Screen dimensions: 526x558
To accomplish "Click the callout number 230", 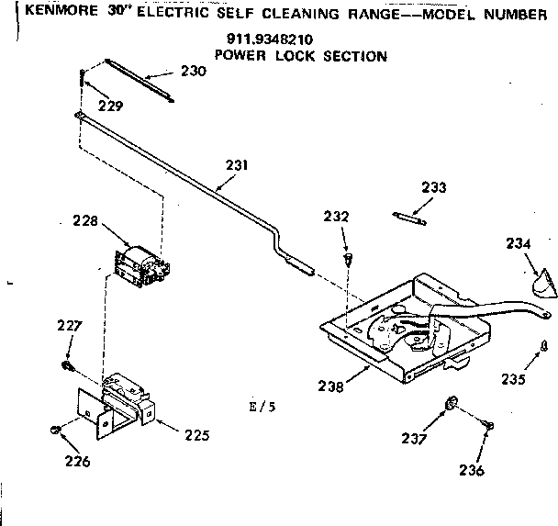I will [x=193, y=70].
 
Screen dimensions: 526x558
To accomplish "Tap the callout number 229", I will [x=111, y=105].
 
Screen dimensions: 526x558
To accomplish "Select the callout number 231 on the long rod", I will [x=237, y=166].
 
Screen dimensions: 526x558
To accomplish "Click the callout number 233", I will [x=434, y=187].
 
